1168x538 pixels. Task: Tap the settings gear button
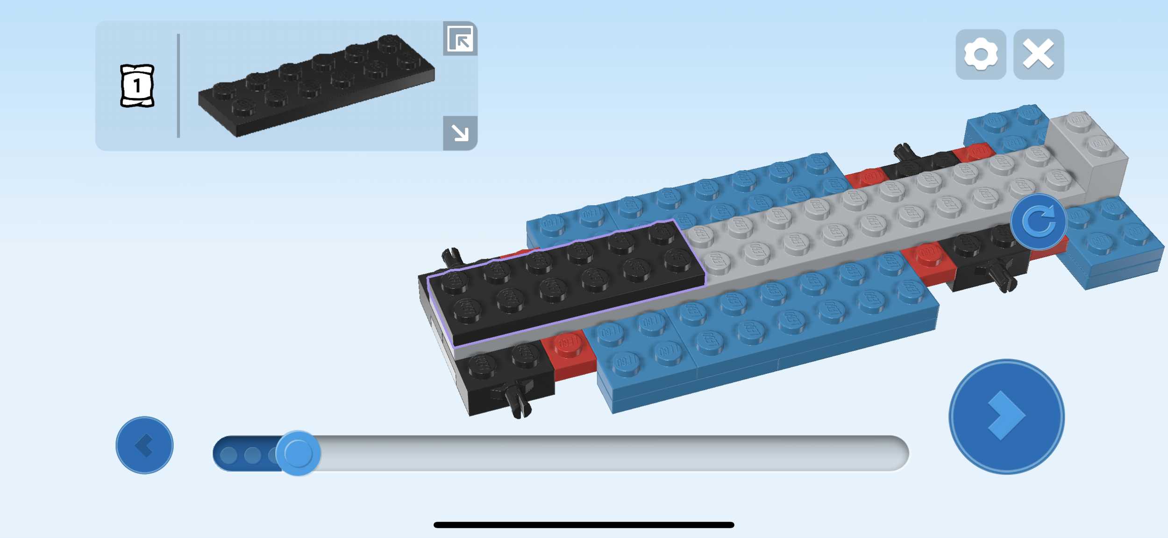click(981, 55)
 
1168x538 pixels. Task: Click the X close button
click(1038, 55)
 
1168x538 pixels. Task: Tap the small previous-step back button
click(144, 445)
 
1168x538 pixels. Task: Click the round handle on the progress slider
click(298, 453)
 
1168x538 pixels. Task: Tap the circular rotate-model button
click(1039, 222)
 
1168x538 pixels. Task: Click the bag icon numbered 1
click(137, 86)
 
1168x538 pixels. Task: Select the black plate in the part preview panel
click(317, 86)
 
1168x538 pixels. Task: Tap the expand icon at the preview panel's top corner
click(460, 39)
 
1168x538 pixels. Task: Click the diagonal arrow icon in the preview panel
click(460, 133)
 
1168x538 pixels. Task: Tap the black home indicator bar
click(584, 525)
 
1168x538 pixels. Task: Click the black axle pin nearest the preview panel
click(451, 256)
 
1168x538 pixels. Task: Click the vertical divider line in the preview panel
click(178, 86)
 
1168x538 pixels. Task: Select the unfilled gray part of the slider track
click(607, 453)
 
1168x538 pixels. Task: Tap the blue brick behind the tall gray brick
click(1004, 126)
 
